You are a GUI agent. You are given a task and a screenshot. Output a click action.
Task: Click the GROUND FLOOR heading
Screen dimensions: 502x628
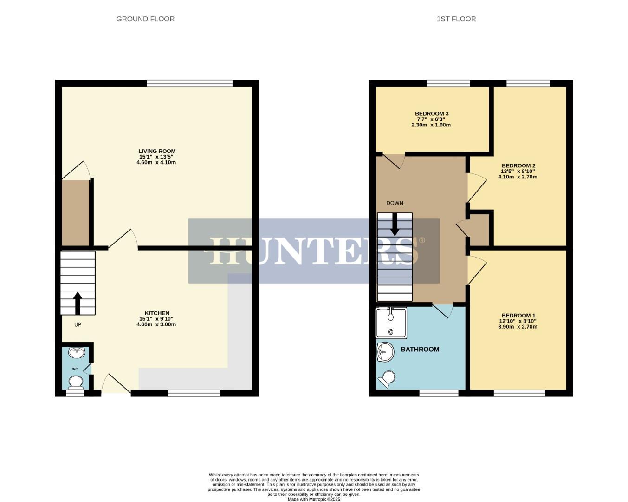coord(145,19)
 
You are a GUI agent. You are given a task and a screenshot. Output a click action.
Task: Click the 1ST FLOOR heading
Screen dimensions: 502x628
coord(456,19)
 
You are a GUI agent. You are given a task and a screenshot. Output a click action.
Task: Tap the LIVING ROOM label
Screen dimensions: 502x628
coord(157,151)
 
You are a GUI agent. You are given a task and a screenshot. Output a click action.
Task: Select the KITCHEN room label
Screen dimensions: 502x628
coord(157,313)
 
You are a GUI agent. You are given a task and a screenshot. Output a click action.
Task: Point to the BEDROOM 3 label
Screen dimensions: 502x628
coord(432,114)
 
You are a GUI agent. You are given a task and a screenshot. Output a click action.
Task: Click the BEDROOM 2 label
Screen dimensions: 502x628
coord(518,166)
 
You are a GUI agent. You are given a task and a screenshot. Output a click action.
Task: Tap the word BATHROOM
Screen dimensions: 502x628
coord(420,350)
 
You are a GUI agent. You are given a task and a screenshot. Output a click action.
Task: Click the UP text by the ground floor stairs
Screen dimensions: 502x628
coord(78,324)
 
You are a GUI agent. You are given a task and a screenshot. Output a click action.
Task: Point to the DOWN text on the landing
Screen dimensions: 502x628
coord(395,203)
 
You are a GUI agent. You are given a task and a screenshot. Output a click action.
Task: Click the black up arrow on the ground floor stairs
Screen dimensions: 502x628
coord(78,303)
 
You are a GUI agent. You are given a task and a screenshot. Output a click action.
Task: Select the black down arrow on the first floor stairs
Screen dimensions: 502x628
coord(395,225)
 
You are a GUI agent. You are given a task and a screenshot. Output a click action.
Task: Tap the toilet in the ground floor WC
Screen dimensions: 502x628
coord(75,383)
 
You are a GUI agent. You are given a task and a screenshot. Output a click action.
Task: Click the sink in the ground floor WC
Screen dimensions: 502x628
coord(76,353)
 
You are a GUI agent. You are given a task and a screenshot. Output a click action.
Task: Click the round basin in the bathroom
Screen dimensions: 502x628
coord(385,352)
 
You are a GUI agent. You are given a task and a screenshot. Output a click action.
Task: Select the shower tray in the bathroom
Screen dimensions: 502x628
coord(391,323)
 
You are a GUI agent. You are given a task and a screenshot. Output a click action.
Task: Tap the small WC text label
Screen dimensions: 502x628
coord(75,369)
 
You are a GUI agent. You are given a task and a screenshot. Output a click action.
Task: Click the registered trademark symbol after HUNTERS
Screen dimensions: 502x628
coord(421,240)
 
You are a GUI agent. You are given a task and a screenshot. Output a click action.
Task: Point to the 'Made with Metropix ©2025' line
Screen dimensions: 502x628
coord(314,499)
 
